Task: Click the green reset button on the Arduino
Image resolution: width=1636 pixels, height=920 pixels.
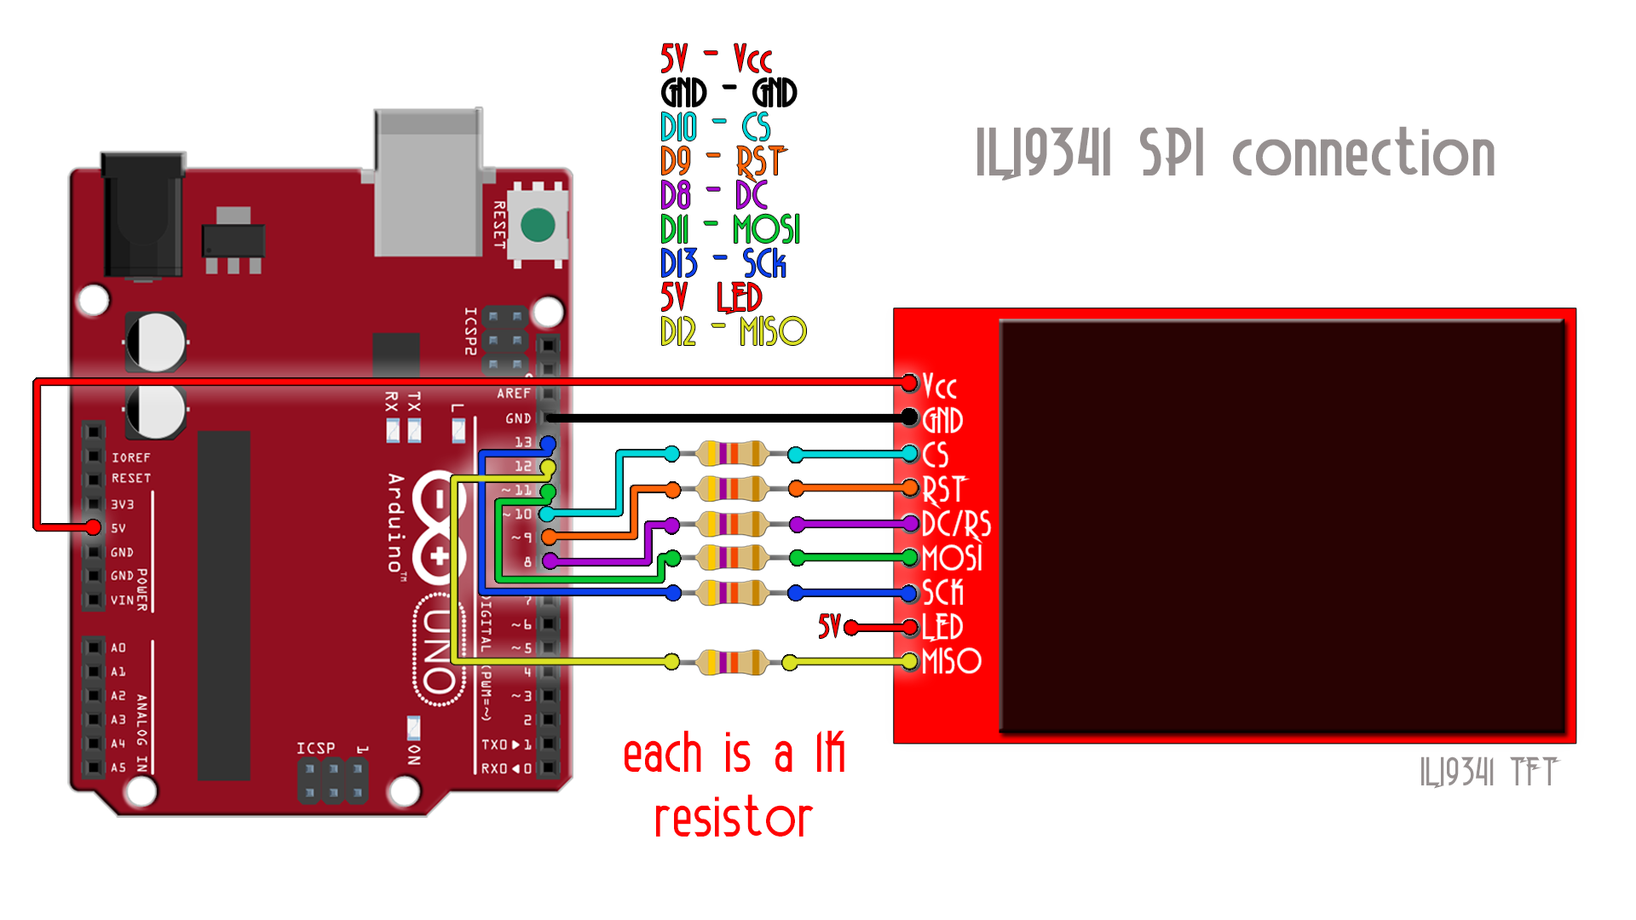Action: click(x=538, y=226)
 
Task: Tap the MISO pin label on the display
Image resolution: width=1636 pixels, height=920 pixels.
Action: click(x=952, y=662)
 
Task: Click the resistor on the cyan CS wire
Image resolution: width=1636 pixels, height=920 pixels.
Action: click(x=732, y=453)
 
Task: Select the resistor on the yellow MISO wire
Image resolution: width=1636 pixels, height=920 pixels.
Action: click(x=731, y=662)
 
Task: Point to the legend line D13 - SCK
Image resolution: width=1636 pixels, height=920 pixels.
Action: click(x=723, y=263)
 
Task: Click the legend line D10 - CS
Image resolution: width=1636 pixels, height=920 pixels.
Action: click(x=716, y=128)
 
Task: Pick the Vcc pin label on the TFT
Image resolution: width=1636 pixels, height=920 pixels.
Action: click(x=940, y=388)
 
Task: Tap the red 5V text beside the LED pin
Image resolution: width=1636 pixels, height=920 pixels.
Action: click(x=829, y=627)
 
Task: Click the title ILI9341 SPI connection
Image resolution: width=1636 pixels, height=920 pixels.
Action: click(x=1235, y=154)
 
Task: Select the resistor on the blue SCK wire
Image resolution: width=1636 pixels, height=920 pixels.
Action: click(x=732, y=592)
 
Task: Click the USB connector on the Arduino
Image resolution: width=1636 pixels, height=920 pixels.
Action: click(x=429, y=183)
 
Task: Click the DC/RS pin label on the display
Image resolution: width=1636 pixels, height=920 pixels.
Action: click(x=956, y=524)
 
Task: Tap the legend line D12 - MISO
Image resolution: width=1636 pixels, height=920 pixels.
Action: click(x=733, y=331)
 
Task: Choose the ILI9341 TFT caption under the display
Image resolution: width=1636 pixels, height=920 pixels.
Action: click(x=1488, y=773)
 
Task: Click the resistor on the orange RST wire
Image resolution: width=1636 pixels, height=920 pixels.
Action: click(x=732, y=488)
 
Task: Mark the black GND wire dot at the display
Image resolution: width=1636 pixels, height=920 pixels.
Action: click(x=910, y=418)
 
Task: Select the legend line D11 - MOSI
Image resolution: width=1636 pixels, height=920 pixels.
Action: click(x=730, y=229)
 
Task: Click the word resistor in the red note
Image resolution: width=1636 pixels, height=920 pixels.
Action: click(x=733, y=819)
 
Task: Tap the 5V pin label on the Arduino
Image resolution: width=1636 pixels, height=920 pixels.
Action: click(x=118, y=528)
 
